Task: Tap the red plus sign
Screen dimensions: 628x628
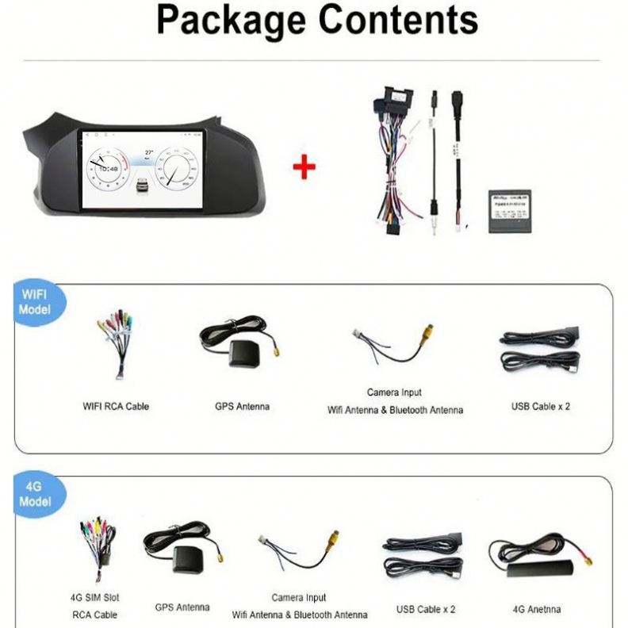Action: point(304,167)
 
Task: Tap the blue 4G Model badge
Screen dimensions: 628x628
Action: point(34,496)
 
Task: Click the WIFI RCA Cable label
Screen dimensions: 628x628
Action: point(116,406)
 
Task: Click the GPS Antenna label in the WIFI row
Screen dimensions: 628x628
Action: point(242,406)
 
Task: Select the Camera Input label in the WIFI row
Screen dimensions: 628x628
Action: point(394,392)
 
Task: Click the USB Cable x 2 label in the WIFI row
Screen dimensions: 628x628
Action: point(541,406)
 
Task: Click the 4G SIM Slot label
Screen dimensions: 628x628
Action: point(94,597)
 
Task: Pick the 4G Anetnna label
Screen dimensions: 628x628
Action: point(536,609)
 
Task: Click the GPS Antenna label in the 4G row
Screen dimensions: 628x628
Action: point(182,607)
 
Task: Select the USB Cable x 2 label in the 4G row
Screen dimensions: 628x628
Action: point(426,609)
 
